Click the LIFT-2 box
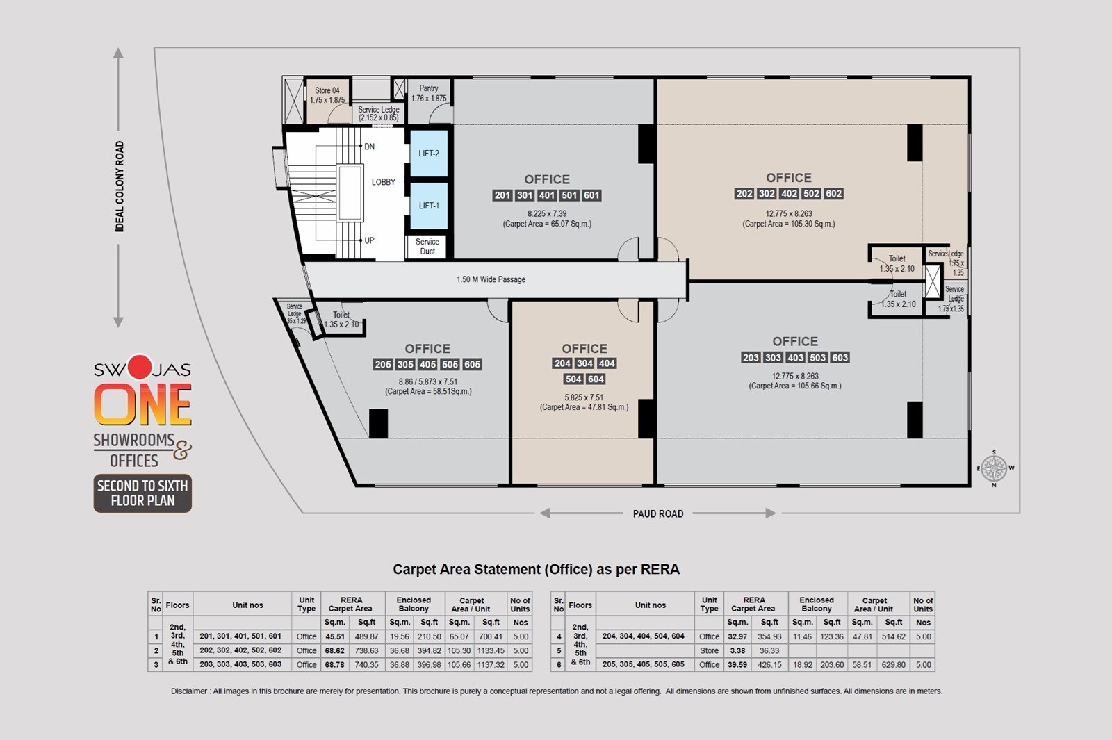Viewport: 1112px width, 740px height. pyautogui.click(x=428, y=154)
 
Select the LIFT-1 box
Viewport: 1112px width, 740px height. pyautogui.click(x=428, y=206)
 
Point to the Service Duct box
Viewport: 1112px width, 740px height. pyautogui.click(x=427, y=247)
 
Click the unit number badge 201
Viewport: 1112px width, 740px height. pyautogui.click(x=502, y=195)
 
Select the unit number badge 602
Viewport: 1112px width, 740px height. pyautogui.click(x=833, y=194)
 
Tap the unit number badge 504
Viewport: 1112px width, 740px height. pyautogui.click(x=573, y=379)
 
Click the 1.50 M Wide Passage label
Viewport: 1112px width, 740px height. pyautogui.click(x=491, y=279)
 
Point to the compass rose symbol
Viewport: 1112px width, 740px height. pyautogui.click(x=994, y=468)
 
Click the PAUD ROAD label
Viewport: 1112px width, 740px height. pyautogui.click(x=657, y=513)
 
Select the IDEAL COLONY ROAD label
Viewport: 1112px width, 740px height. pyautogui.click(x=120, y=186)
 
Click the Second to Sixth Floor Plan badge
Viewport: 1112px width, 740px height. pyautogui.click(x=142, y=493)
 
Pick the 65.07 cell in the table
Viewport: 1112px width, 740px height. pyautogui.click(x=459, y=636)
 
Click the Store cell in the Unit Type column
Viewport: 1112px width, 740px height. pyautogui.click(x=709, y=651)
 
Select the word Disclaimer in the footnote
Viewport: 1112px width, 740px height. pyautogui.click(x=189, y=691)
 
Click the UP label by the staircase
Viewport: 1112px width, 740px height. pyautogui.click(x=369, y=240)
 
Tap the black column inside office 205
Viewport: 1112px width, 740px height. pyautogui.click(x=378, y=423)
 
